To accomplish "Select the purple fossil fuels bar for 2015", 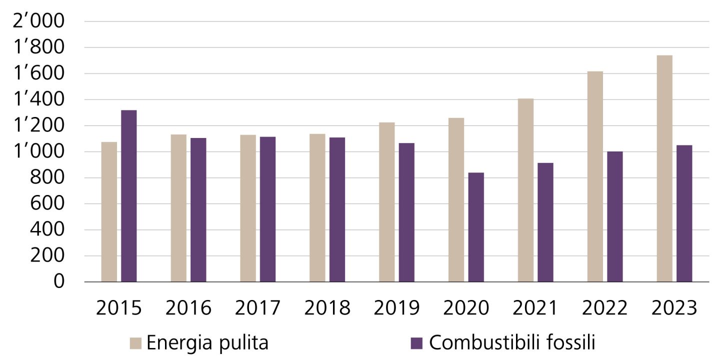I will coord(129,196).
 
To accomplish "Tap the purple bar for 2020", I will coord(476,227).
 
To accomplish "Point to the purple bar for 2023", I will coord(684,213).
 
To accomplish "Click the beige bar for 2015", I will coord(109,212).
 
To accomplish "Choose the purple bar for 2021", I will coord(545,222).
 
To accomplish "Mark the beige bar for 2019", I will coord(386,202).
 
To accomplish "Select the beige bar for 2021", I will coord(525,190).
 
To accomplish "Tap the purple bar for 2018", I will coord(337,209).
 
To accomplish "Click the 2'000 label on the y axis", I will coord(41,22).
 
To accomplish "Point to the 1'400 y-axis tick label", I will coord(41,100).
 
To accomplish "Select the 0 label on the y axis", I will coord(59,282).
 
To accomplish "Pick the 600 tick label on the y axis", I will coord(48,204).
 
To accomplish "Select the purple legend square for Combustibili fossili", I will coord(416,343).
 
